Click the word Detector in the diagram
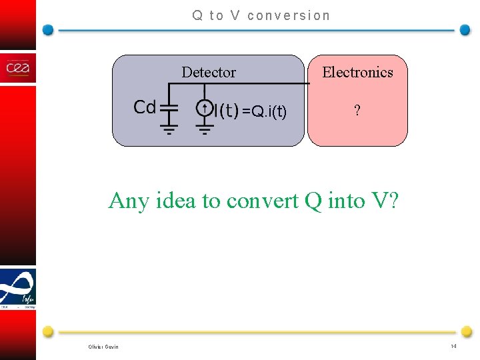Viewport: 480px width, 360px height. [x=209, y=72]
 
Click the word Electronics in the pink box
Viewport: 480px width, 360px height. [x=357, y=72]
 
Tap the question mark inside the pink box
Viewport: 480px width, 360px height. [x=357, y=111]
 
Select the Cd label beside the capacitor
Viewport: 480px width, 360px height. [x=145, y=107]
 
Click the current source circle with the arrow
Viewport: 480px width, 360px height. [x=205, y=107]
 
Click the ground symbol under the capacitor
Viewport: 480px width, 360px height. [x=169, y=127]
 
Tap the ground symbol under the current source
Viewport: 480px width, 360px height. [x=205, y=127]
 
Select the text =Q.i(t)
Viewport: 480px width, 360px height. [x=264, y=111]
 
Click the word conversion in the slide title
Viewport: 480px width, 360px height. [x=288, y=15]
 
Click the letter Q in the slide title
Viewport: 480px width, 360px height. [x=197, y=15]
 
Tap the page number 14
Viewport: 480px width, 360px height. [x=453, y=346]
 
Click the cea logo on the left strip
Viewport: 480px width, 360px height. [x=18, y=69]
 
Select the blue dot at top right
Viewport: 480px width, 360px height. [x=465, y=30]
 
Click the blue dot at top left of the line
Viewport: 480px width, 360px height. [x=48, y=30]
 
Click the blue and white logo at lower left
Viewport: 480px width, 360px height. [x=18, y=288]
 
